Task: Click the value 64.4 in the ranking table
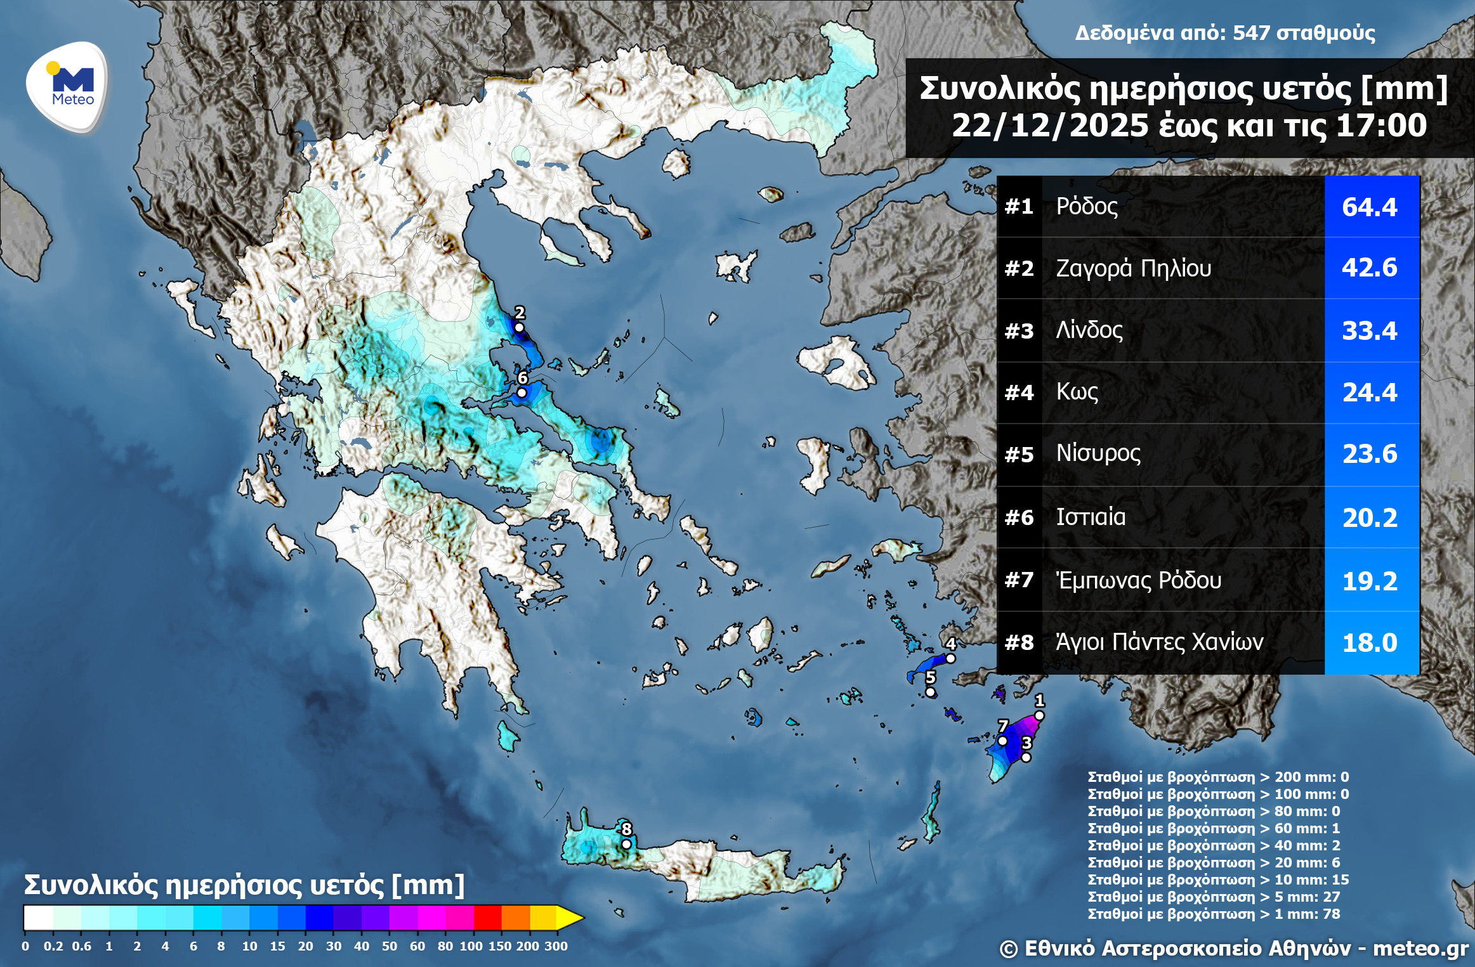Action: (1370, 207)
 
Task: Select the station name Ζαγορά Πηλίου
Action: (1133, 268)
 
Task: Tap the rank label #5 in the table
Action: (1019, 455)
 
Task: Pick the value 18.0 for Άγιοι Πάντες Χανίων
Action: (1370, 643)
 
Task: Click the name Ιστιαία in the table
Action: (1091, 517)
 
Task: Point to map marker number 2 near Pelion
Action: (519, 327)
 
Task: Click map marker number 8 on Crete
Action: (626, 843)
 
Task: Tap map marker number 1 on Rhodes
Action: (1039, 715)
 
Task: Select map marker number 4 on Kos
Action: (950, 658)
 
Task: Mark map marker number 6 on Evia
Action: (521, 393)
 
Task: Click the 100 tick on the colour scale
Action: (471, 945)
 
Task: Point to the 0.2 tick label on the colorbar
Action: (53, 945)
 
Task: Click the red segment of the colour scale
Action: (487, 917)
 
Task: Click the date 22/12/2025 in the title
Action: (1049, 126)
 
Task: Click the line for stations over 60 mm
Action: (1213, 828)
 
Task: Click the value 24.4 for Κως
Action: (1370, 393)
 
